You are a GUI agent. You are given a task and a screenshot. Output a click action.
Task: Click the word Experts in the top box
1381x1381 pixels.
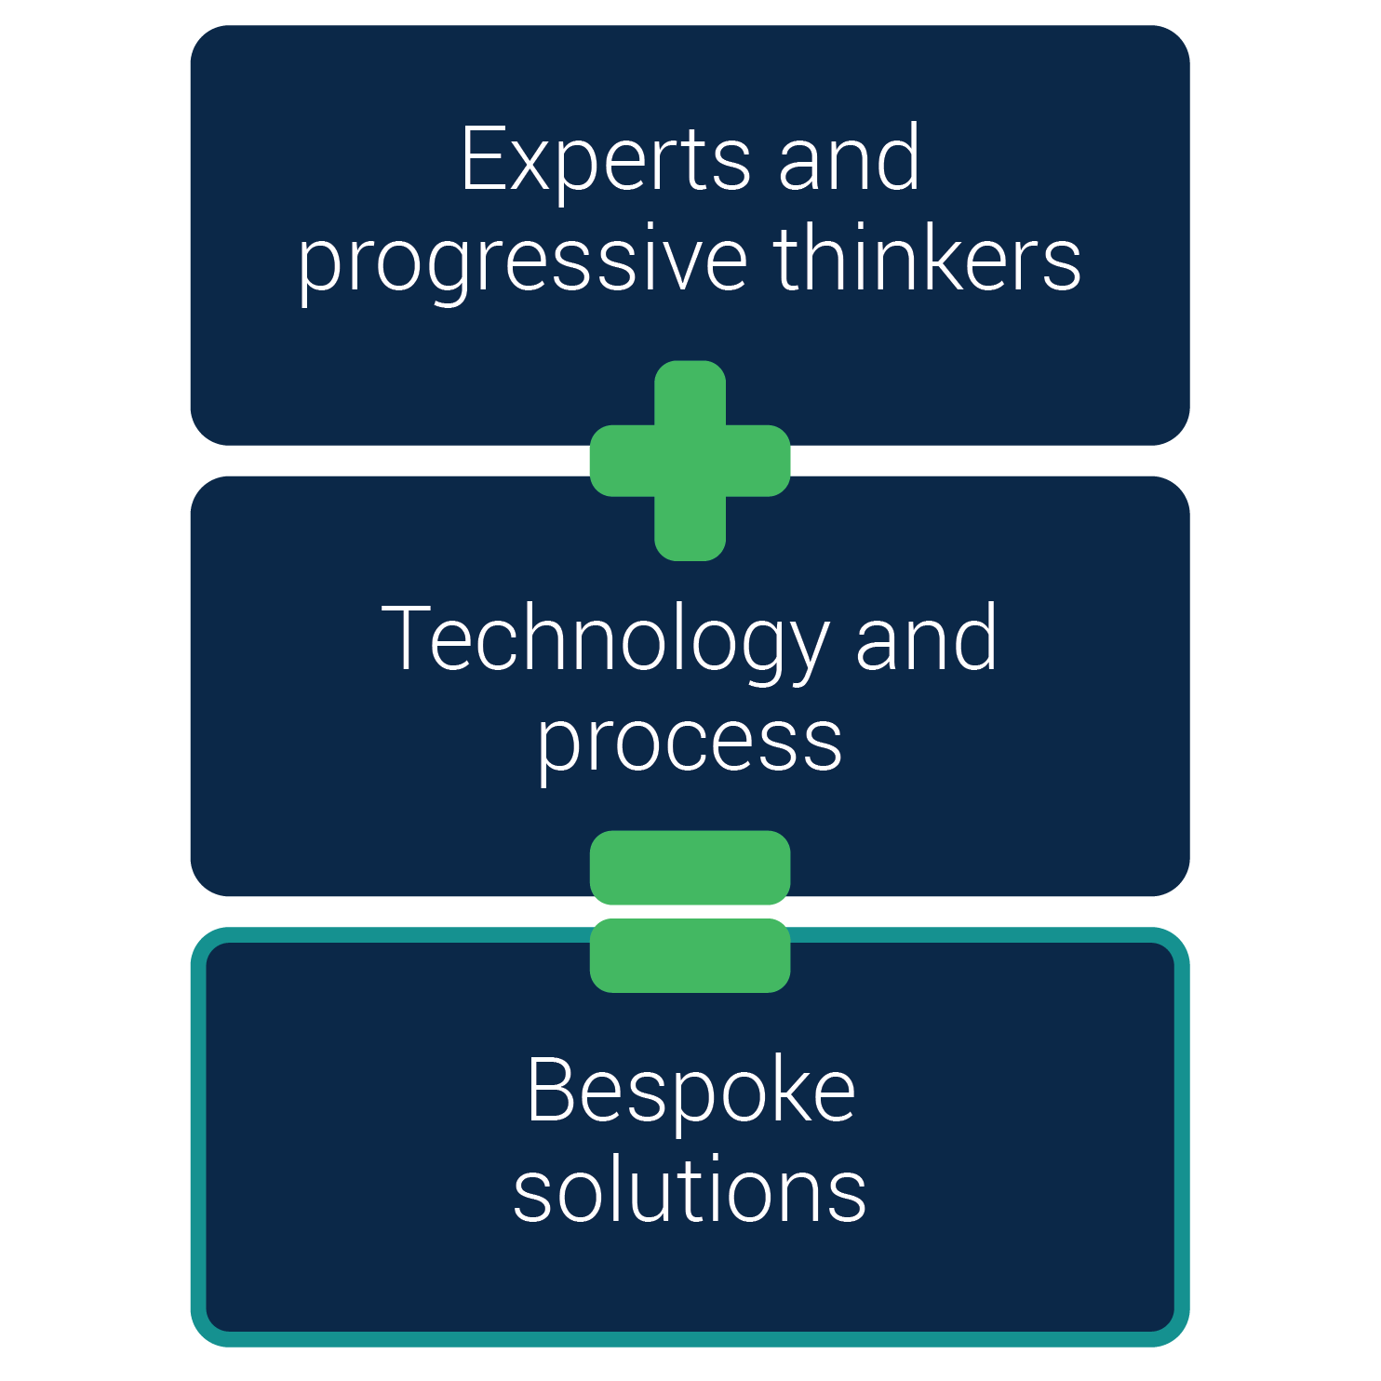[605, 160]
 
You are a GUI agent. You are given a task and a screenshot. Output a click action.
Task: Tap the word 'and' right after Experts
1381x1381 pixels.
[849, 160]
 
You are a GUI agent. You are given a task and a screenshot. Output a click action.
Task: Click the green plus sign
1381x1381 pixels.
[690, 461]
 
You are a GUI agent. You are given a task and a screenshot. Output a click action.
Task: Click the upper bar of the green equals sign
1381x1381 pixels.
[690, 867]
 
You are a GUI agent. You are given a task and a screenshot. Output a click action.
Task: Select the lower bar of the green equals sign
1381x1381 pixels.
[690, 956]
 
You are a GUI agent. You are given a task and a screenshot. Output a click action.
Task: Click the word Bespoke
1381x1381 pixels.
[690, 1092]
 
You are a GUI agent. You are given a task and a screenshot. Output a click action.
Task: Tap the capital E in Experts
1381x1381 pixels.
[485, 159]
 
